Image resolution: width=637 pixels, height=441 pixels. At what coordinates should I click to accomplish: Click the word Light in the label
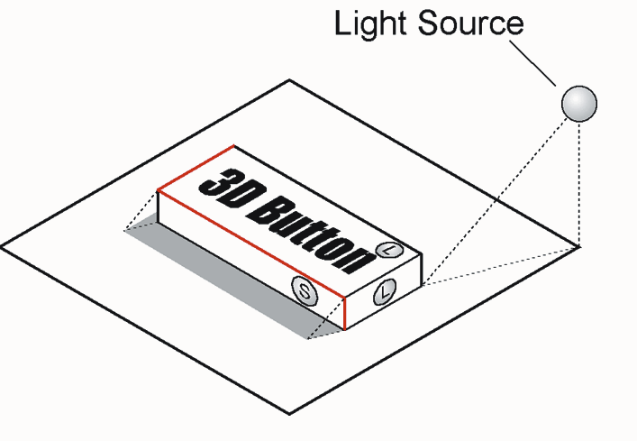pyautogui.click(x=371, y=24)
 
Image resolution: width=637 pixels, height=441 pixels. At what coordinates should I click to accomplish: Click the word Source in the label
pyautogui.click(x=470, y=23)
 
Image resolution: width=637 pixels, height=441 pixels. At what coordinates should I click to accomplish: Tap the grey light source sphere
pyautogui.click(x=579, y=104)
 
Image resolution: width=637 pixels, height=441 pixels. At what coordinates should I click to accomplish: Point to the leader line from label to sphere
pyautogui.click(x=532, y=63)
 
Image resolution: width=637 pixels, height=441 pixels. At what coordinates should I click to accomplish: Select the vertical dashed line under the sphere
pyautogui.click(x=579, y=184)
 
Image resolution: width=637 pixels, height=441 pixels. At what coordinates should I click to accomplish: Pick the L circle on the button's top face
pyautogui.click(x=389, y=250)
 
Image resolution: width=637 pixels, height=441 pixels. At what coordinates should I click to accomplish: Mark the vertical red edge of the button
pyautogui.click(x=344, y=313)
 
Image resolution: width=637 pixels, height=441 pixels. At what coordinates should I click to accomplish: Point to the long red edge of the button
pyautogui.click(x=251, y=243)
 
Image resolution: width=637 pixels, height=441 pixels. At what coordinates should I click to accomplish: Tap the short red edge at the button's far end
pyautogui.click(x=196, y=168)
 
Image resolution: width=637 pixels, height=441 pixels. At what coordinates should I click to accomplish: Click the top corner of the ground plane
pyautogui.click(x=289, y=80)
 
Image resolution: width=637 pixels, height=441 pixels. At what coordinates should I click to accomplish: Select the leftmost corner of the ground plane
pyautogui.click(x=2, y=246)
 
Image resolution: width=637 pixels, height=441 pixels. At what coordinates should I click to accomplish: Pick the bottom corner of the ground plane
pyautogui.click(x=289, y=414)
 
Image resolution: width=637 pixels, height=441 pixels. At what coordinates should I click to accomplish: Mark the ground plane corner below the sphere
pyautogui.click(x=578, y=247)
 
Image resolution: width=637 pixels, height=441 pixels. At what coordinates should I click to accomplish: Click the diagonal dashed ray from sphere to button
pyautogui.click(x=495, y=201)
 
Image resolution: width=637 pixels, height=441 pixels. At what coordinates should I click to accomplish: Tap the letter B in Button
pyautogui.click(x=267, y=210)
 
